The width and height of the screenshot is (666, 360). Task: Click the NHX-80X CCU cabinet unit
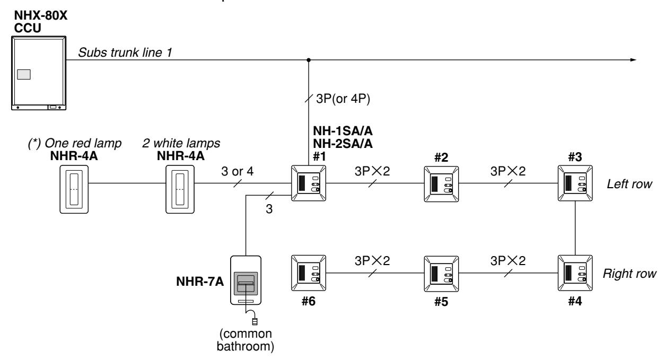[39, 73]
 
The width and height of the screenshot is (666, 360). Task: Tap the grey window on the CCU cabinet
[24, 74]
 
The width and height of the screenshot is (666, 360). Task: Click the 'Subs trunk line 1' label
[125, 52]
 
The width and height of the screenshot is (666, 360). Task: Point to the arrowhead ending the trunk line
[633, 60]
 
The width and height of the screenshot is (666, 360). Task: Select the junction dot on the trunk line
[309, 60]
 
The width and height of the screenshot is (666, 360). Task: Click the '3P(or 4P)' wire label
[343, 99]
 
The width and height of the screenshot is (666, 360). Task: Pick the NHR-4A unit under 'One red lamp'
[74, 189]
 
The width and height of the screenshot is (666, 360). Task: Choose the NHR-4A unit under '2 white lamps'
[180, 189]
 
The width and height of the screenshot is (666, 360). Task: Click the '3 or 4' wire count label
[237, 171]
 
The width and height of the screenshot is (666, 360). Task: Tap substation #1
[309, 183]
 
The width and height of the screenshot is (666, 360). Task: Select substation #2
[441, 184]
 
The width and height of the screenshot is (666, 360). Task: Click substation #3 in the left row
[575, 183]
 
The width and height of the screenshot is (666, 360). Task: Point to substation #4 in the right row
[575, 273]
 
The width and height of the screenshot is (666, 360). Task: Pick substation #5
[441, 274]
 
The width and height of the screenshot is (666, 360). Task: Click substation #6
[309, 273]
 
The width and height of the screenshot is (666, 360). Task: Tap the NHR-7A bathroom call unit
[246, 280]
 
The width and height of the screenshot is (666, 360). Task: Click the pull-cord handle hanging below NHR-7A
[255, 321]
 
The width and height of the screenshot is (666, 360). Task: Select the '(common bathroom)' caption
[246, 340]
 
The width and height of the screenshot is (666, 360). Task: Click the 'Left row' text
[629, 184]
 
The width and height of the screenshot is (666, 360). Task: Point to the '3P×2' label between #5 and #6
[372, 261]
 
